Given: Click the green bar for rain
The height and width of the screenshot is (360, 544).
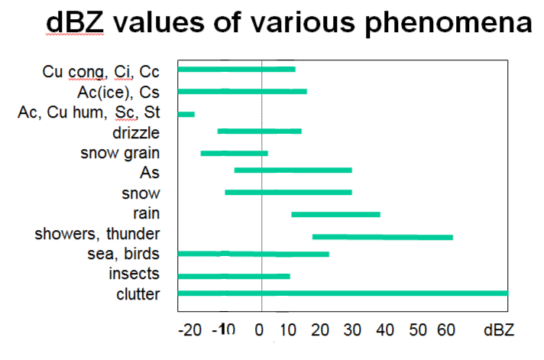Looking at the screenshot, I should [x=335, y=214].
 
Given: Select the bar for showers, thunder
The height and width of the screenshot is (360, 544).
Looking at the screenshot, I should [x=382, y=237].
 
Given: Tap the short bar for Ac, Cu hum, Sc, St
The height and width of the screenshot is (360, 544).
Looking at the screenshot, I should [x=186, y=114].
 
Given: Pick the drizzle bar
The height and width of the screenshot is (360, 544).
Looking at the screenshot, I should [x=259, y=131].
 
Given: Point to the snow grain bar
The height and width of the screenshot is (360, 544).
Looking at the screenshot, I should [x=234, y=154].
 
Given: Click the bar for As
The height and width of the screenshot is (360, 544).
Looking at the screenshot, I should [x=293, y=170].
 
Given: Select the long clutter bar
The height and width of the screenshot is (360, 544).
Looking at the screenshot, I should [x=342, y=293].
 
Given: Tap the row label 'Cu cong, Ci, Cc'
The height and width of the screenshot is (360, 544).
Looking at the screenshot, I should [x=100, y=73].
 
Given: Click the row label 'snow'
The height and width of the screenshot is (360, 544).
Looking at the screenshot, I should [x=141, y=193].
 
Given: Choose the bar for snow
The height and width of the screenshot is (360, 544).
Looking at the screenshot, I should [x=288, y=192].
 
